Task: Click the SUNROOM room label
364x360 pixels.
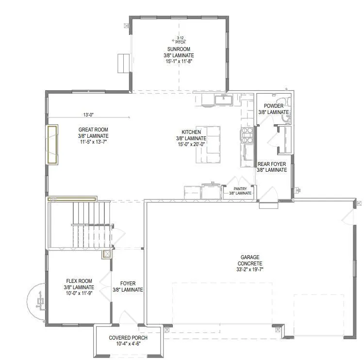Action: [179, 49]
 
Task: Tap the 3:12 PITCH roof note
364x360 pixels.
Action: [180, 40]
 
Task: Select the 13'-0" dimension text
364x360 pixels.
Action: [88, 115]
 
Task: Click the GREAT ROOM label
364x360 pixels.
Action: [93, 130]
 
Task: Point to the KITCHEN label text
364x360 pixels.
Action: [191, 132]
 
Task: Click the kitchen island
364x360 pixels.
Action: [208, 145]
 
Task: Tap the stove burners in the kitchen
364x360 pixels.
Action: [248, 135]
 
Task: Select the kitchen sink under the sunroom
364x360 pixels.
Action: [224, 100]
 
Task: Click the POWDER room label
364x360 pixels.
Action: [274, 106]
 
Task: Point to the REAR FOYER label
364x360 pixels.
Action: [272, 164]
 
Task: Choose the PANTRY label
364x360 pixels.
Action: [240, 189]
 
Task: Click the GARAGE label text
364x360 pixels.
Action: [250, 257]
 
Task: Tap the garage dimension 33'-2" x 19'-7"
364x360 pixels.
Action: [250, 269]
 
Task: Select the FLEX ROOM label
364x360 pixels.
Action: [79, 281]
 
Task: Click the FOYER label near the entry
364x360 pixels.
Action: [128, 283]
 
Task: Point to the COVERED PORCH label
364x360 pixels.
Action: [128, 338]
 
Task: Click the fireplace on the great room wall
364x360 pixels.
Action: [52, 145]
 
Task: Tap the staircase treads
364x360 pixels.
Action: [91, 225]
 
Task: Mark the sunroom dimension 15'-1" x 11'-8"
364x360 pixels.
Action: [179, 61]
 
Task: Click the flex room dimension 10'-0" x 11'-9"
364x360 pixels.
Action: [79, 293]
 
